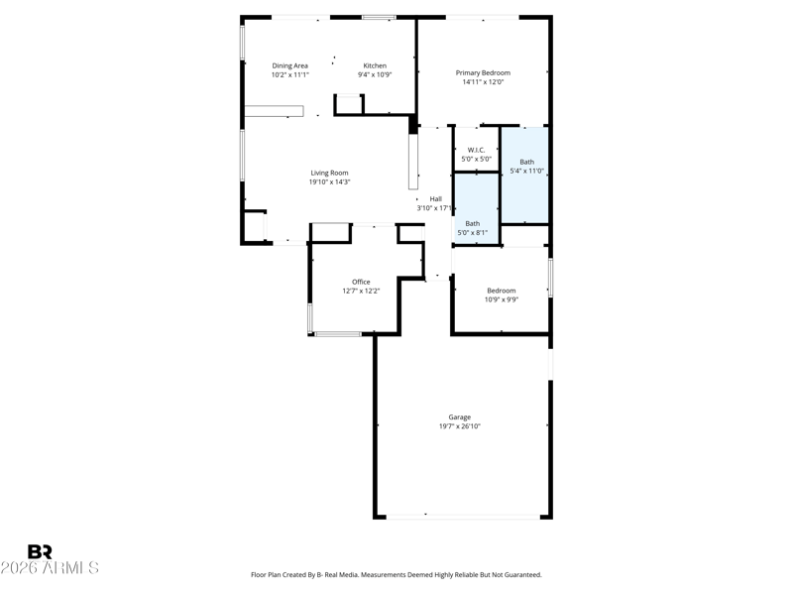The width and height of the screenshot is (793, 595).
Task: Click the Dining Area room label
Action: click(x=289, y=65)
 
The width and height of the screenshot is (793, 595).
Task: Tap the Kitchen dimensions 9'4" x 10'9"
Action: click(x=375, y=75)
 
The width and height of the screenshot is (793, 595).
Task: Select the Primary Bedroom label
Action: click(x=483, y=72)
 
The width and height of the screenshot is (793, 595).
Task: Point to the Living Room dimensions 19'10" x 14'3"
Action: click(x=330, y=182)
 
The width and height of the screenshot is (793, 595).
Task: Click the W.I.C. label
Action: click(x=477, y=151)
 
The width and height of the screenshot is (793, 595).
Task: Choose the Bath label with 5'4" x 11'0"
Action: click(x=527, y=162)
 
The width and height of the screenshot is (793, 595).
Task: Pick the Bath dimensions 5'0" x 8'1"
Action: click(x=473, y=233)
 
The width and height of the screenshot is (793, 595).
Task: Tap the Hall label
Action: click(x=436, y=199)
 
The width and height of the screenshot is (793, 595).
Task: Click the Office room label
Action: click(x=361, y=282)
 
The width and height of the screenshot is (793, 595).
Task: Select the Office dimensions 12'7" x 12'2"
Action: click(x=361, y=291)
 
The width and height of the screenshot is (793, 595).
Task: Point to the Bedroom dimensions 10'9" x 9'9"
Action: click(x=502, y=299)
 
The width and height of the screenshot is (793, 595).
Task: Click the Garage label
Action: click(x=460, y=417)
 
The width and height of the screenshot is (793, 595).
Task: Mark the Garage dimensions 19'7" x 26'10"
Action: click(x=460, y=426)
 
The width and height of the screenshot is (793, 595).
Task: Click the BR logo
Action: click(x=40, y=551)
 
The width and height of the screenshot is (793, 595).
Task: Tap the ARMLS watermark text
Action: click(x=70, y=567)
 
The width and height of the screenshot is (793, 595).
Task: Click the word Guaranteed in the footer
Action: click(x=525, y=575)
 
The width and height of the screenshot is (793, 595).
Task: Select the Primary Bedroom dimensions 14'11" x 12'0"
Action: click(x=483, y=82)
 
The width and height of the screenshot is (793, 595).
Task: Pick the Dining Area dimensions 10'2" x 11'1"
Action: click(x=289, y=75)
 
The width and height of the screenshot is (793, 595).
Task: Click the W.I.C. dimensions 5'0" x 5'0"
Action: click(x=477, y=159)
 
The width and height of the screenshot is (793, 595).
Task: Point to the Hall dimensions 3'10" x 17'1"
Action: click(x=435, y=208)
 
